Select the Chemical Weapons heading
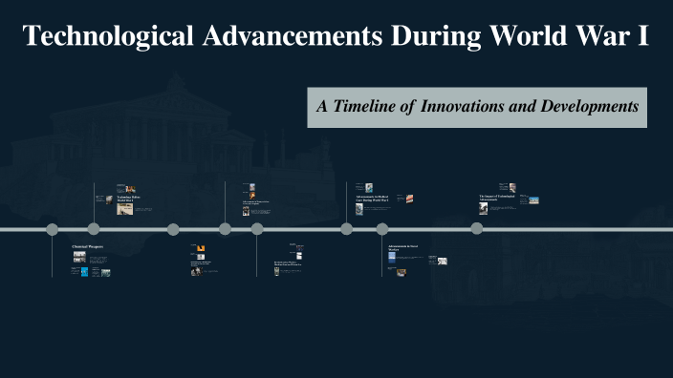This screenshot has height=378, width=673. [88, 246]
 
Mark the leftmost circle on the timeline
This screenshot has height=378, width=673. [53, 229]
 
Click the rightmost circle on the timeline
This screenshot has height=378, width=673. [477, 229]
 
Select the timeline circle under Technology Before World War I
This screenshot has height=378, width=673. [94, 229]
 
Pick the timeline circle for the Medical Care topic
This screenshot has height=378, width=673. [347, 229]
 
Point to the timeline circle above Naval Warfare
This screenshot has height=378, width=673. [382, 229]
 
